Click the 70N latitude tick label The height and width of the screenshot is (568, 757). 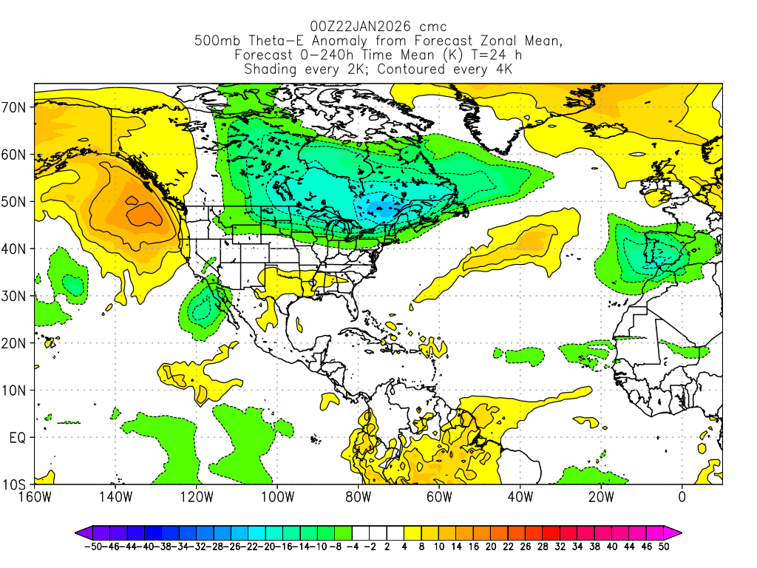[16, 107]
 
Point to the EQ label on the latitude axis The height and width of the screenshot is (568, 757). [18, 438]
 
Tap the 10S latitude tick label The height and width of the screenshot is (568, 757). [16, 485]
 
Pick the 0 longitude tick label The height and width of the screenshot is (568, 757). [682, 497]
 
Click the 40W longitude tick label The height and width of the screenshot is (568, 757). [520, 497]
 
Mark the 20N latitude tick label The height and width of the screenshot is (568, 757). [16, 343]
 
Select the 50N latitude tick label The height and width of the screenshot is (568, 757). [16, 202]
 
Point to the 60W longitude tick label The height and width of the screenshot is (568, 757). [438, 497]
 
